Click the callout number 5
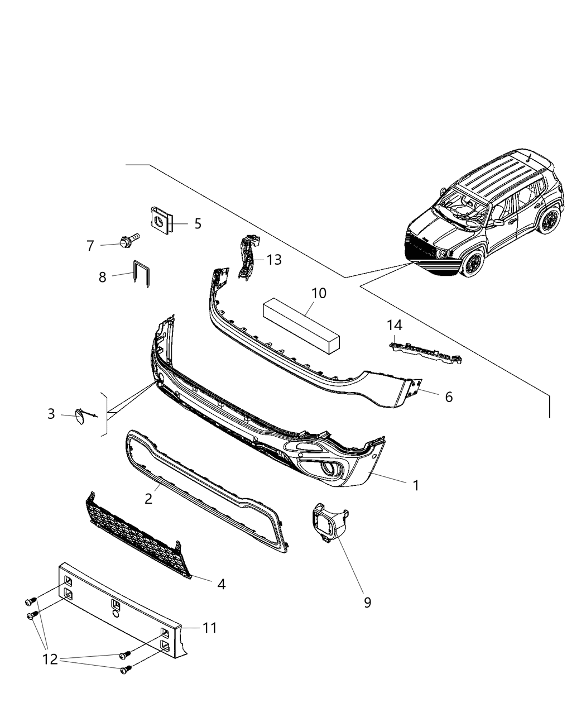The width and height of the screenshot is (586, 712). point(198,224)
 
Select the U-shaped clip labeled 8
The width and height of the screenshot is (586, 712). point(142,273)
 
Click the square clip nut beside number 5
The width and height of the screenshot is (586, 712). point(161,219)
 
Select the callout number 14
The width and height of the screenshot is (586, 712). point(395,325)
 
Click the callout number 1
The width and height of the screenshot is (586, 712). point(415,485)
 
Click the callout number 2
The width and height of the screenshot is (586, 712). point(148,499)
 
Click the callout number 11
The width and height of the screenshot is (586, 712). point(209,628)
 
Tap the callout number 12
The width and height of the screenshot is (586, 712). point(50,660)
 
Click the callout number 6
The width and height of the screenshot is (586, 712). point(449,396)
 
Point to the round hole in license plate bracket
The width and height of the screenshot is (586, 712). point(114,614)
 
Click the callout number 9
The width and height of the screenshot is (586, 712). point(367,603)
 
